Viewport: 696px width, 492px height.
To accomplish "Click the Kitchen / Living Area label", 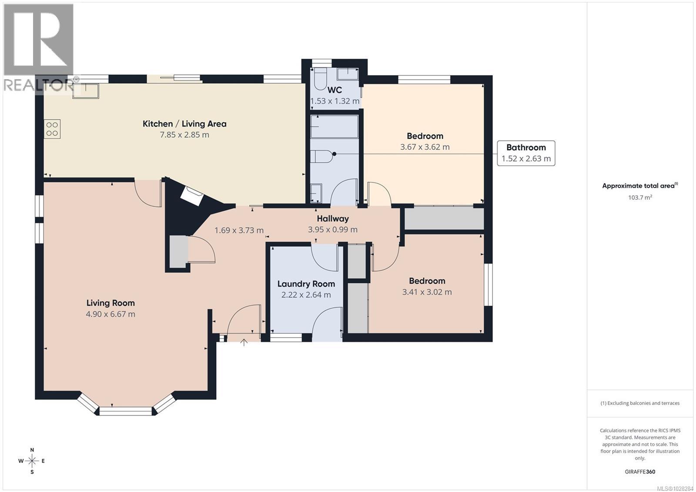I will [184, 124].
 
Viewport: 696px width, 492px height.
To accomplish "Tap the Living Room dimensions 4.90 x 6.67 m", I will [110, 314].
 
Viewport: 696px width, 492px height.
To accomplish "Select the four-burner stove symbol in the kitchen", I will [52, 129].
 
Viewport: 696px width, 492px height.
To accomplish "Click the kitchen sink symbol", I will [86, 90].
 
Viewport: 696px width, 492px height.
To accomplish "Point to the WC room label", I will [335, 90].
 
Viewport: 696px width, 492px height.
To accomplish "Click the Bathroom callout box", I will [526, 153].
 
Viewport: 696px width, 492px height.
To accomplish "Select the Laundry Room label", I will [306, 284].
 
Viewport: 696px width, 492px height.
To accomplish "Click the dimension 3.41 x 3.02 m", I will [427, 292].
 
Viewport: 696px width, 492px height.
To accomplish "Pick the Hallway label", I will [332, 218].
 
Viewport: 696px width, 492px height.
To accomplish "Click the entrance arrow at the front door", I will [244, 342].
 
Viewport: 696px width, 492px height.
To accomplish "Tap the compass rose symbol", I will [32, 461].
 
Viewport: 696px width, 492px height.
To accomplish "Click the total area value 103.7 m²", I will [639, 197].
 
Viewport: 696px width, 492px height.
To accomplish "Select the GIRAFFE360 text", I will [639, 472].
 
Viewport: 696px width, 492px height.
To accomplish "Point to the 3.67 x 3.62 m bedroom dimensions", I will [425, 147].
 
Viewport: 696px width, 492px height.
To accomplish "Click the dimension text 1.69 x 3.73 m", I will [239, 230].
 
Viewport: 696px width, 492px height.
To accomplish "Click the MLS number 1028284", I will [675, 488].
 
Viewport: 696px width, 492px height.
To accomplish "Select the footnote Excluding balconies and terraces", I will [639, 403].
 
